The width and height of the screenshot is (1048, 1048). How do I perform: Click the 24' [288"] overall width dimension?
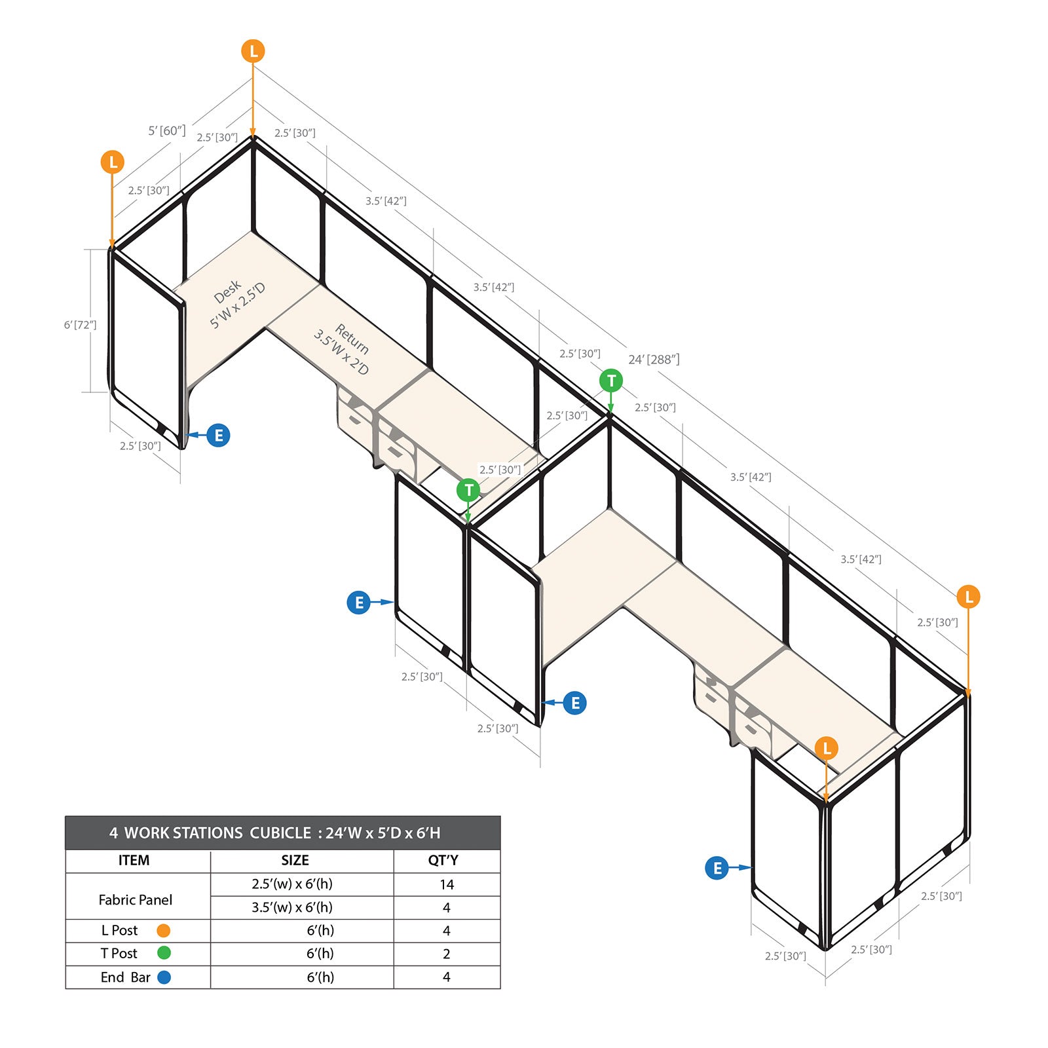click(x=654, y=360)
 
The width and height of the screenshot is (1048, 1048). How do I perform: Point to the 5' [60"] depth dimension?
click(x=167, y=131)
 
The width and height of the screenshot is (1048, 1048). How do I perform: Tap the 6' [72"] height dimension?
click(x=80, y=325)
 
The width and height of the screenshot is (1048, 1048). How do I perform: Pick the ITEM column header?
click(x=134, y=861)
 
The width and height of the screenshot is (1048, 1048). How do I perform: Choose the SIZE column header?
click(x=295, y=861)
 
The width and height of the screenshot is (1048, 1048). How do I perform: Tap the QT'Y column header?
click(x=443, y=861)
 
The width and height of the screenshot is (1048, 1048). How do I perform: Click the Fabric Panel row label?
click(x=136, y=900)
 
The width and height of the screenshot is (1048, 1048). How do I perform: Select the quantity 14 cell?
click(x=447, y=885)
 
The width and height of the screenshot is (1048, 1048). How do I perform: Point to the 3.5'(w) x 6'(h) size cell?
click(x=292, y=908)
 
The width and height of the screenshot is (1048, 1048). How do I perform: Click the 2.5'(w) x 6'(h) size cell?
click(x=292, y=884)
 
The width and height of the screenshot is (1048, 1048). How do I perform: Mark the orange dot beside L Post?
click(x=164, y=931)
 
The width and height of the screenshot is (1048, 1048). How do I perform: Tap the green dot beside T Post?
click(x=164, y=953)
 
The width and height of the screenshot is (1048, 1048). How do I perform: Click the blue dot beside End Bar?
click(x=164, y=977)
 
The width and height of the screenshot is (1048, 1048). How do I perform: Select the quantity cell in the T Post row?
click(x=447, y=954)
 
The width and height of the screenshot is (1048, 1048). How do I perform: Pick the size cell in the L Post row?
click(x=320, y=931)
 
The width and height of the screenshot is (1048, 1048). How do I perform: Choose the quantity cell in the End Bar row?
click(x=447, y=977)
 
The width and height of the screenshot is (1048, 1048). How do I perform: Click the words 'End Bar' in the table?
click(x=125, y=977)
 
